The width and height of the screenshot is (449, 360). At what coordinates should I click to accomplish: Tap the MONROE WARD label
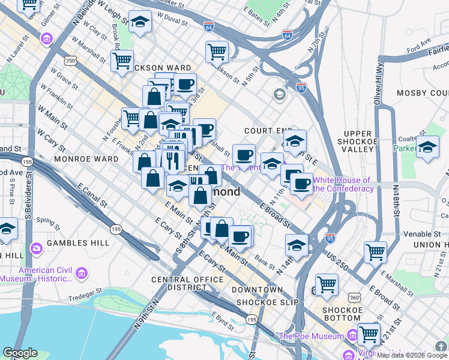tap(86, 159)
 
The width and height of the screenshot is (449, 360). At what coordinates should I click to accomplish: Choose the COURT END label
tap(268, 130)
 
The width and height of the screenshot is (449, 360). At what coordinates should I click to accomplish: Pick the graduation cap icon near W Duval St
tap(140, 23)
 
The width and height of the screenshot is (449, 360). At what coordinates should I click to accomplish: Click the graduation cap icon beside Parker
tap(427, 147)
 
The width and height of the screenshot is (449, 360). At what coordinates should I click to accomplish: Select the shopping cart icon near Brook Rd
tap(122, 60)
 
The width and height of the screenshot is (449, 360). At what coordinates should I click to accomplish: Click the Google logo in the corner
tap(20, 353)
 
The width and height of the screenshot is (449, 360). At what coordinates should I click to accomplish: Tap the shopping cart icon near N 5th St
tap(217, 51)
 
